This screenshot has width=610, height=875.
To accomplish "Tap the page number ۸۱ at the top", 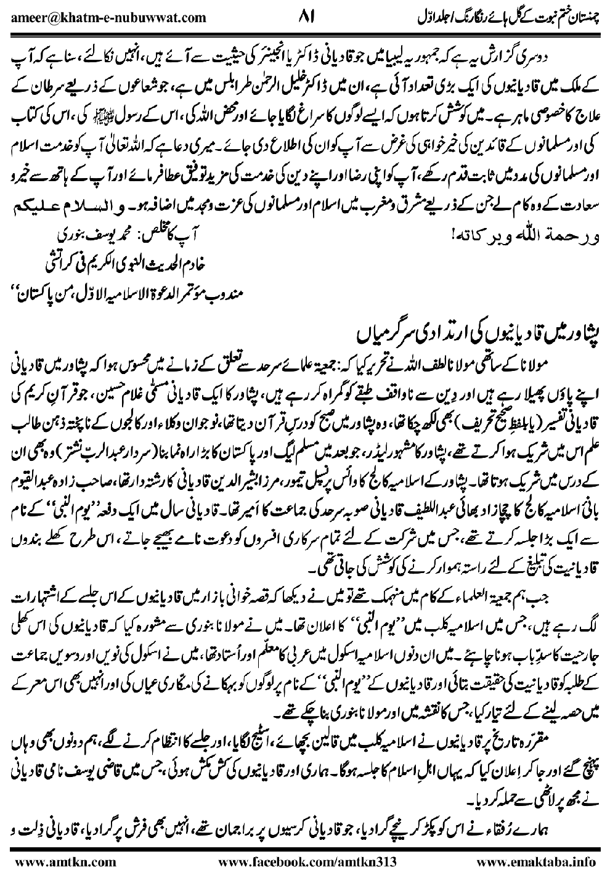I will pyautogui.click(x=306, y=13).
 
